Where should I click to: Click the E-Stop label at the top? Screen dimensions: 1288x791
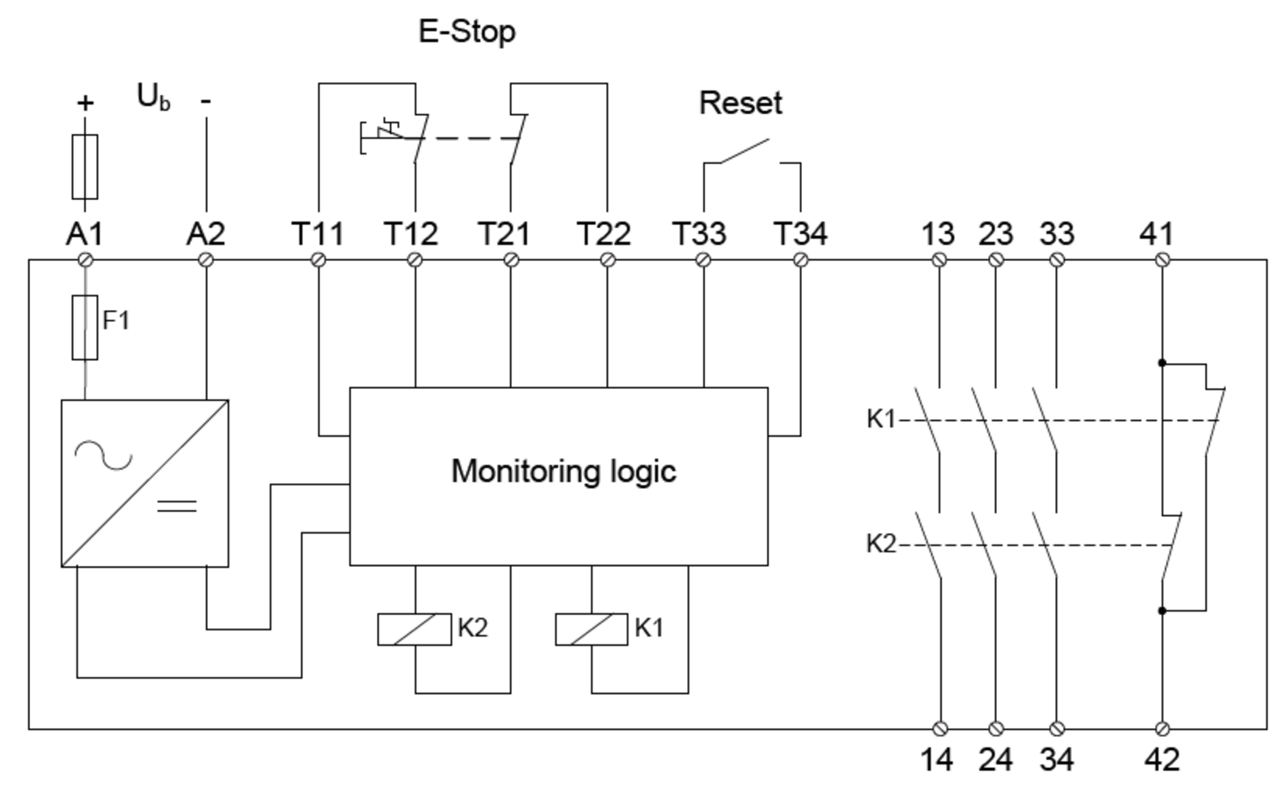click(x=467, y=32)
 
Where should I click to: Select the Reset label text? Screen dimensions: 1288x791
click(x=740, y=104)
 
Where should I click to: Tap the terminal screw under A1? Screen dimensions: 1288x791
click(x=85, y=260)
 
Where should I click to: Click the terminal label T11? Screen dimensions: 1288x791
click(x=318, y=234)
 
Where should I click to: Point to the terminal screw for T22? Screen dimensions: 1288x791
click(x=607, y=260)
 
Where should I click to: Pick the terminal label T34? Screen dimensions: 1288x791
click(x=800, y=234)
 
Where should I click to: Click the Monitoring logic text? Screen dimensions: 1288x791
click(x=563, y=472)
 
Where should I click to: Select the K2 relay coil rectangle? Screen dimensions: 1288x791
click(x=414, y=630)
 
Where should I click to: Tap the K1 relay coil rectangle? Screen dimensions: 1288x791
click(x=591, y=630)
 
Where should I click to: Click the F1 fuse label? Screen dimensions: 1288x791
click(x=116, y=319)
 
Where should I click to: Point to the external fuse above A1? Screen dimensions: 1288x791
click(x=84, y=167)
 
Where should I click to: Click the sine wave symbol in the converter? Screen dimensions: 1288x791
click(x=104, y=455)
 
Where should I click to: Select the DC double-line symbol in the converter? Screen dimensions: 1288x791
click(x=177, y=506)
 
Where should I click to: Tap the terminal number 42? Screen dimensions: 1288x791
click(x=1162, y=760)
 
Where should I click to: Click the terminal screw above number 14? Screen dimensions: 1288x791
click(x=939, y=729)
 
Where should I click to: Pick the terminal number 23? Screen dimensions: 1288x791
click(x=996, y=234)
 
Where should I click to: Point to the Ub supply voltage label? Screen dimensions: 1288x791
click(x=154, y=97)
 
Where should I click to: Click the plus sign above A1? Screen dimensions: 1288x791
click(x=85, y=103)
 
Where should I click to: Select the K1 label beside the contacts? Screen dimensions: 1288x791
click(x=881, y=419)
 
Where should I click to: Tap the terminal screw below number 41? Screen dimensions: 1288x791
click(x=1162, y=260)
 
